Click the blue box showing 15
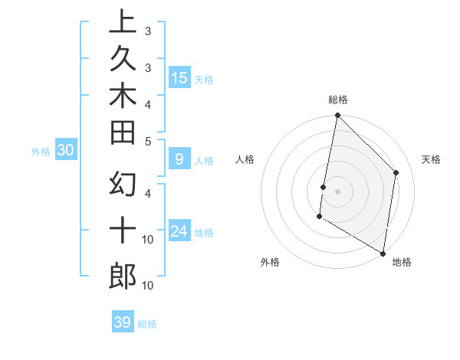pyautogui.click(x=179, y=77)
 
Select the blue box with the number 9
pyautogui.click(x=179, y=159)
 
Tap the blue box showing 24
pyautogui.click(x=179, y=231)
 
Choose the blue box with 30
pyautogui.click(x=65, y=151)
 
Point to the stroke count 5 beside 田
pyautogui.click(x=148, y=141)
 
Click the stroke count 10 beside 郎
pyautogui.click(x=148, y=286)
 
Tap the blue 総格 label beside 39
pyautogui.click(x=147, y=324)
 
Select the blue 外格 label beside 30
pyautogui.click(x=41, y=152)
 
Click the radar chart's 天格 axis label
pyautogui.click(x=431, y=159)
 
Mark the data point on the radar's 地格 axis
pyautogui.click(x=383, y=252)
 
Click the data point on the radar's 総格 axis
pyautogui.click(x=337, y=116)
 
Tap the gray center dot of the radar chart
pyautogui.click(x=337, y=191)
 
